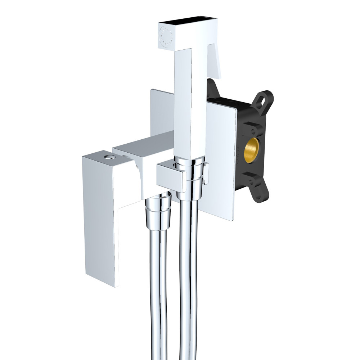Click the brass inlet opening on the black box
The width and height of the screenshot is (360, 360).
251,149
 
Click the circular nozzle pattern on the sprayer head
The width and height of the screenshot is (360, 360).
166,36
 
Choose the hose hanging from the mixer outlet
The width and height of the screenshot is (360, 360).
158,288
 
